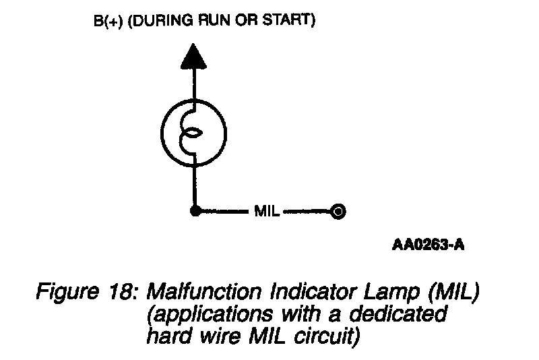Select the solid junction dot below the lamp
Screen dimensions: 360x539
194,212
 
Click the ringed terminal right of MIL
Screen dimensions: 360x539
339,212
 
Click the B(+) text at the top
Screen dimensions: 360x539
106,21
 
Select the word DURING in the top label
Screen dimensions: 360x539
161,21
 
